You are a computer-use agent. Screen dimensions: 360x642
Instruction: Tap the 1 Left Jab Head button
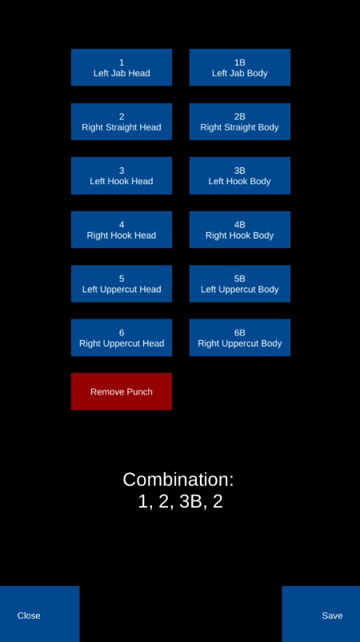point(122,67)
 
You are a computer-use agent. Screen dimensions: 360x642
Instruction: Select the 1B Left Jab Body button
point(240,67)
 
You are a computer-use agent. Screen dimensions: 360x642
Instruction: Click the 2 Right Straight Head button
point(122,122)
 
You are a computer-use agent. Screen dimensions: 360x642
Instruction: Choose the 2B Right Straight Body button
point(240,122)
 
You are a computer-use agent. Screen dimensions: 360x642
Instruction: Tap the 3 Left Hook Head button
point(122,175)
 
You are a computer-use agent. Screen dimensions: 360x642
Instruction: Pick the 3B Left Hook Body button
point(240,175)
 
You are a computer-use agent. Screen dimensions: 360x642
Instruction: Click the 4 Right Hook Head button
point(122,230)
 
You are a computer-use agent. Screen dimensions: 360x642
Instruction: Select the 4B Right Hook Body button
point(240,230)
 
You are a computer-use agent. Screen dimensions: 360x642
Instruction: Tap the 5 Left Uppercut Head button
point(122,283)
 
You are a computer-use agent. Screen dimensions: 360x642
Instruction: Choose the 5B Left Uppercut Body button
point(240,283)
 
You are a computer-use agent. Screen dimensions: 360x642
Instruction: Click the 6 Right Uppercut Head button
point(122,338)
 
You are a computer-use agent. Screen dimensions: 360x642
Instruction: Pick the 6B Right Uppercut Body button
point(240,338)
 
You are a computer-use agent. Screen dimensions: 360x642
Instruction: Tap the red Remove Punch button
point(122,391)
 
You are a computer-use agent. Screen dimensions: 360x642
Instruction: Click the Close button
point(40,614)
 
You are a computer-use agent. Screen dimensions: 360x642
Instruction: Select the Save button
point(321,614)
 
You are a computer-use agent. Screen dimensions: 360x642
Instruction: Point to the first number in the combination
point(142,502)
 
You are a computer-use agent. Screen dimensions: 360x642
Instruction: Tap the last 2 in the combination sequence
point(218,502)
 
